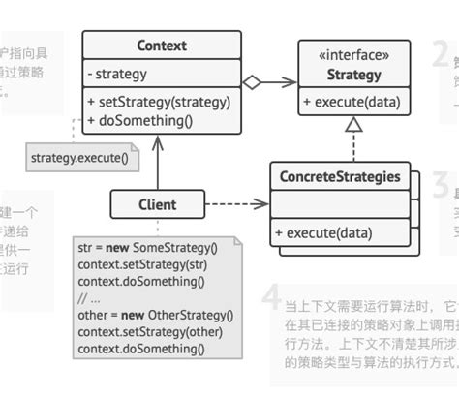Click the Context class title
(162, 46)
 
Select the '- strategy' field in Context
(116, 75)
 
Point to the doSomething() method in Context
(140, 120)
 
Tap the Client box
(157, 204)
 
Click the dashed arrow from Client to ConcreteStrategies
(232, 204)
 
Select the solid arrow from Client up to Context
(157, 165)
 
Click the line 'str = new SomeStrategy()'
(147, 247)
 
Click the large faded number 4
(274, 297)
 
